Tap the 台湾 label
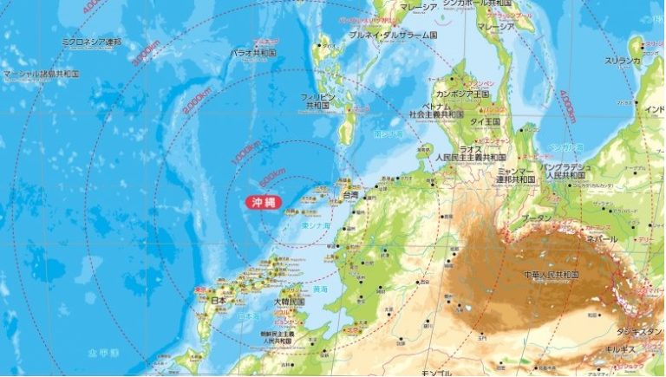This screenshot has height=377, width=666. pos(350,196)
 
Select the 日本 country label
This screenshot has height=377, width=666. pos(219,300)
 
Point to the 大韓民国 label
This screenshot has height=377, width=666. pos(288,302)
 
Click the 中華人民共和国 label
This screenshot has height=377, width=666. pos(544,275)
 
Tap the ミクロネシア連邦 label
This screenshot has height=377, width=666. pos(92,41)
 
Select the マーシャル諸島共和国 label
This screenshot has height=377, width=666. pos(41,75)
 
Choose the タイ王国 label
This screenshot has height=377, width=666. pos(485,122)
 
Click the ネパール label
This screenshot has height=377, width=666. pos(601,237)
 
